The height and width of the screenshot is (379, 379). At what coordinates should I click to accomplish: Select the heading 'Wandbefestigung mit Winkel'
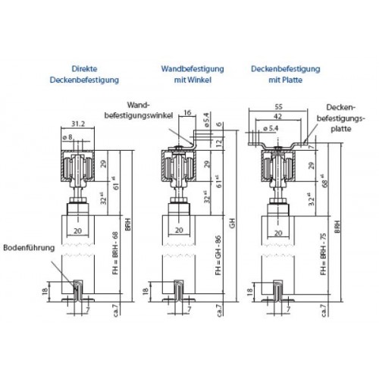coord(185,73)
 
